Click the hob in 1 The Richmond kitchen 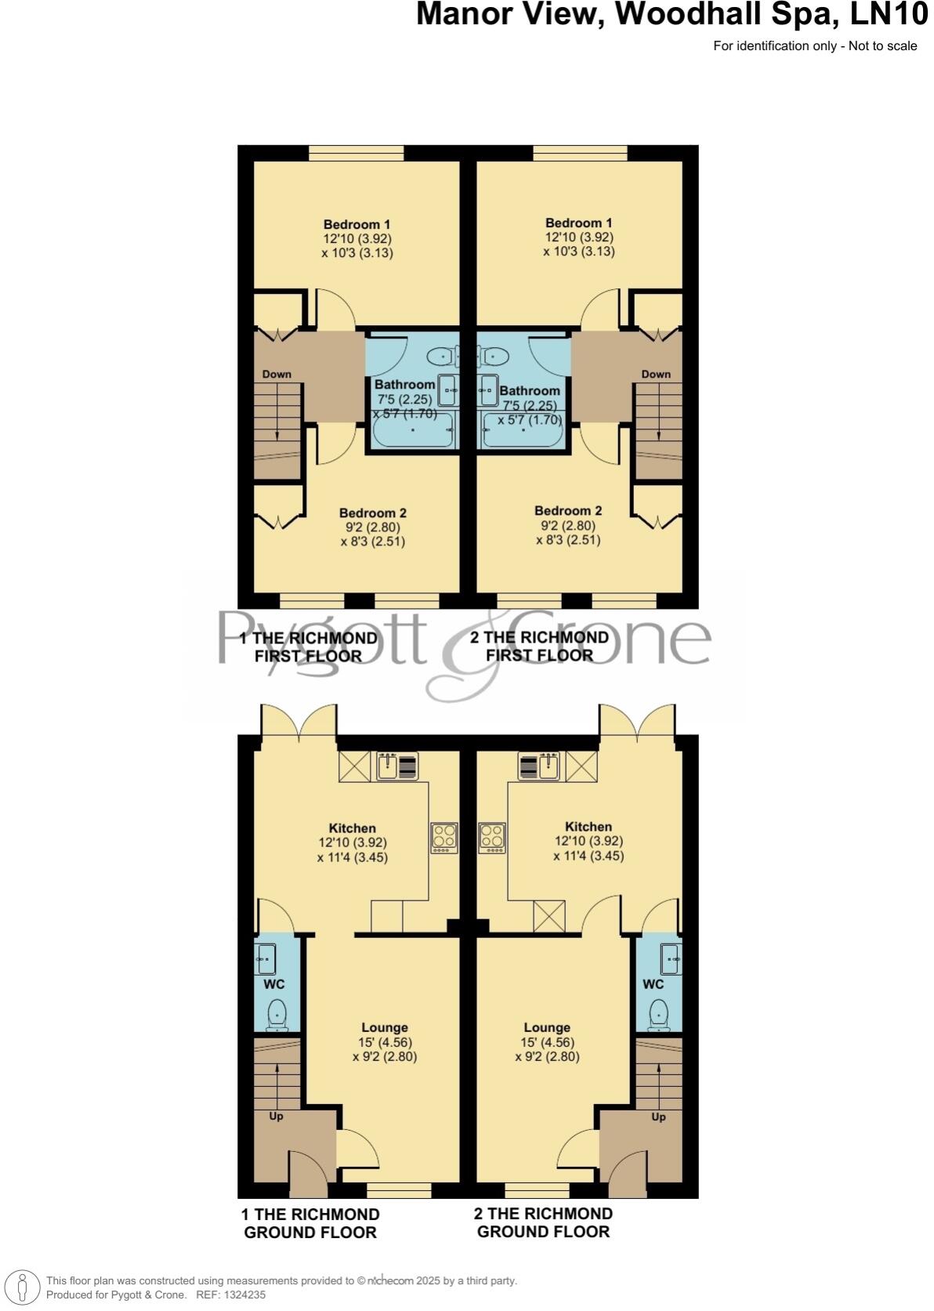click(x=444, y=838)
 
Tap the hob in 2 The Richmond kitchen click(x=492, y=838)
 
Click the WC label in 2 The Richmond click(x=653, y=984)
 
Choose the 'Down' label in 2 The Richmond click(x=656, y=375)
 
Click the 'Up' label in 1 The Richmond click(x=276, y=1116)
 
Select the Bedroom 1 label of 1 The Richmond click(x=357, y=225)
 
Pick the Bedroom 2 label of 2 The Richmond click(x=568, y=511)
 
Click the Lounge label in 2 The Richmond click(x=547, y=1027)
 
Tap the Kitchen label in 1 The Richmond click(x=353, y=828)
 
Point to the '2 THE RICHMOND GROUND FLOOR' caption click(x=543, y=1222)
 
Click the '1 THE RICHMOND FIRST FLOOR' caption click(x=308, y=647)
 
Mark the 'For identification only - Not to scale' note click(x=815, y=46)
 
